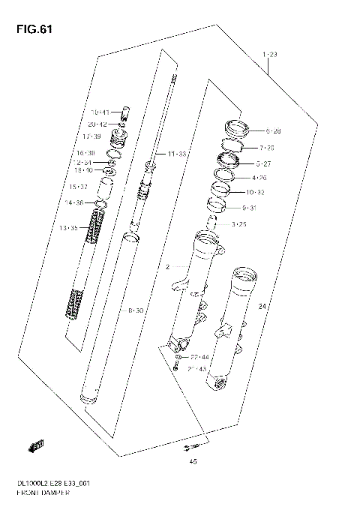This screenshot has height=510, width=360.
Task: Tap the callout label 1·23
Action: click(270, 55)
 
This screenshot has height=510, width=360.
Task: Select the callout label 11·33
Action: click(177, 154)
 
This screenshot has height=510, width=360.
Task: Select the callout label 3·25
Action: click(240, 223)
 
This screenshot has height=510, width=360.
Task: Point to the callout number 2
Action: click(168, 266)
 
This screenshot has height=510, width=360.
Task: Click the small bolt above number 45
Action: click(184, 448)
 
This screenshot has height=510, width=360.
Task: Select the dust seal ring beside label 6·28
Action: click(234, 127)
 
